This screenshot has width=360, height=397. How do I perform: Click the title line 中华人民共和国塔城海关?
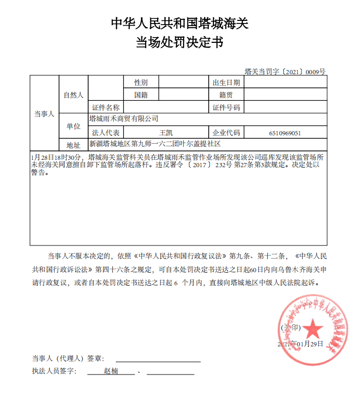pos(180,23)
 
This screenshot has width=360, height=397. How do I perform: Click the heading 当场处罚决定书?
pos(180,42)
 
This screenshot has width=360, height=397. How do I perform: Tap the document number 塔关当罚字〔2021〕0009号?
pos(285,71)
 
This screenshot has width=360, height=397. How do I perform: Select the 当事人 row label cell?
pos(44,114)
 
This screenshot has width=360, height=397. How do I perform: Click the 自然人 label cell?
pos(74,95)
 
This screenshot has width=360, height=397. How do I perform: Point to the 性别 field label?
pos(141,83)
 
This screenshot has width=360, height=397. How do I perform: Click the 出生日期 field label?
pos(226,83)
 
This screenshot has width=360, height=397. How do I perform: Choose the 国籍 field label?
pos(141,95)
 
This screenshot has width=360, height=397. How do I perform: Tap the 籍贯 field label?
pos(226,95)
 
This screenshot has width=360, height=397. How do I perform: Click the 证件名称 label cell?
pos(106,108)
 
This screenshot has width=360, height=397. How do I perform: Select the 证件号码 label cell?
pos(226,108)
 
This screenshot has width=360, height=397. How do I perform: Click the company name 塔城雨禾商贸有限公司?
pos(124,120)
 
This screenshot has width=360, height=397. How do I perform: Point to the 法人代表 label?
pos(106,133)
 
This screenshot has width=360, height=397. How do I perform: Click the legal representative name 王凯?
pos(165,133)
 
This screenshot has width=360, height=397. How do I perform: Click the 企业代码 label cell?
pos(226,133)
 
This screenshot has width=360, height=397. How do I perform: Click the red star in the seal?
pos(313,329)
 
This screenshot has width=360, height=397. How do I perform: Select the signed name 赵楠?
pos(111,371)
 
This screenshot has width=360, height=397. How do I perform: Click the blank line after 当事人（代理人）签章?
pos(158,359)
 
